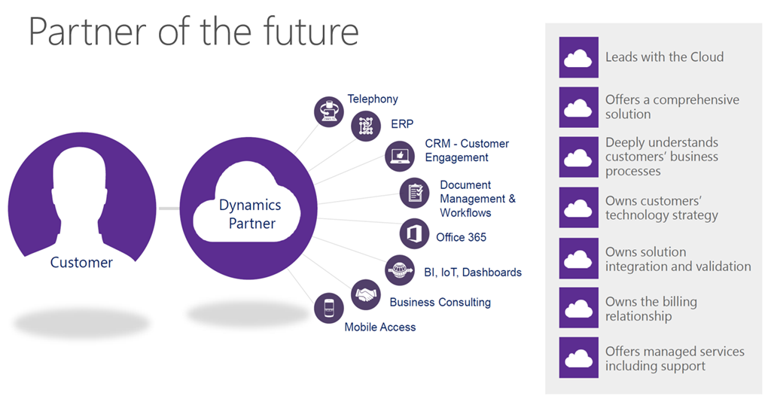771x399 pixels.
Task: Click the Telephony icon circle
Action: [x=328, y=111]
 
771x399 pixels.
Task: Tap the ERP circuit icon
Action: [x=366, y=126]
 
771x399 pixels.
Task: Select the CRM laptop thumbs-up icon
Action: [x=400, y=157]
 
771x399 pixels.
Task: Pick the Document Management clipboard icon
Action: [x=415, y=193]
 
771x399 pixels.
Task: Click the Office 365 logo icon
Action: [x=414, y=233]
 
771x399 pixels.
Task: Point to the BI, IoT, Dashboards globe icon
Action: [x=400, y=270]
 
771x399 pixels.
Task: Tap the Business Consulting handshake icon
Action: [x=366, y=294]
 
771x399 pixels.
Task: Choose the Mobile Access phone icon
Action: [x=329, y=308]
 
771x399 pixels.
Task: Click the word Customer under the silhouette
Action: [x=81, y=263]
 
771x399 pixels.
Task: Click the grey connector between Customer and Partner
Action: [x=169, y=209]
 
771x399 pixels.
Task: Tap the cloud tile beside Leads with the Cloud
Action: [x=579, y=57]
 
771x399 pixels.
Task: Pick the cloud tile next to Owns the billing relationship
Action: [x=579, y=308]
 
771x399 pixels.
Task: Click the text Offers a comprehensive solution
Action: [x=672, y=107]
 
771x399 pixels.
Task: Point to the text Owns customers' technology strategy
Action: [x=661, y=208]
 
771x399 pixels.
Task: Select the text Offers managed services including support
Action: [x=675, y=358]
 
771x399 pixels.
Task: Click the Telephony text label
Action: [x=373, y=99]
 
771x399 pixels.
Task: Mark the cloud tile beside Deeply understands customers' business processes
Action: [x=579, y=157]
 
